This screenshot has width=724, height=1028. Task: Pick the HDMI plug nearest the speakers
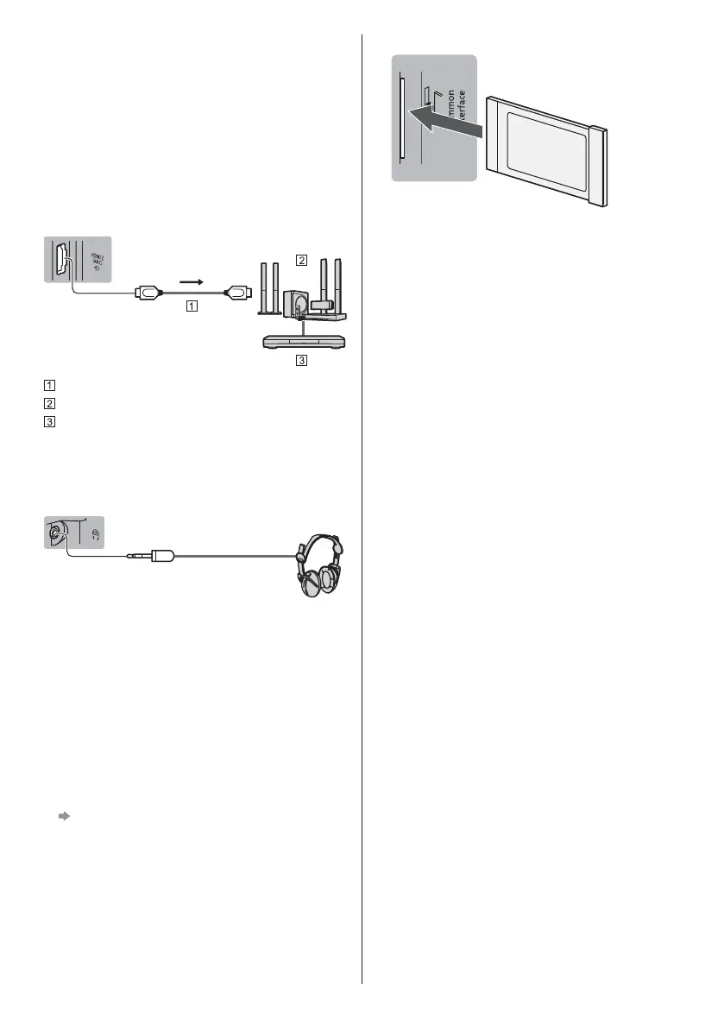(236, 293)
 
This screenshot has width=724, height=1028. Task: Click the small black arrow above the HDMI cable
(191, 281)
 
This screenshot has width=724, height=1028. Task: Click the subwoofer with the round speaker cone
(297, 305)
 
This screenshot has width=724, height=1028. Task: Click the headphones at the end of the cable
(318, 569)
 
